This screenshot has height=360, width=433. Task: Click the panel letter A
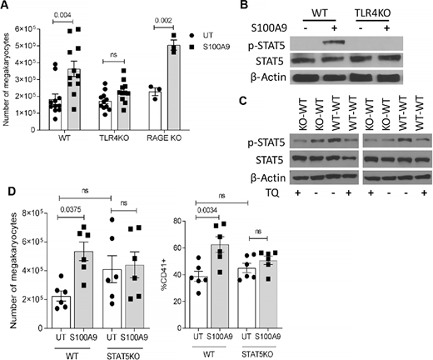(x=6, y=7)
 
